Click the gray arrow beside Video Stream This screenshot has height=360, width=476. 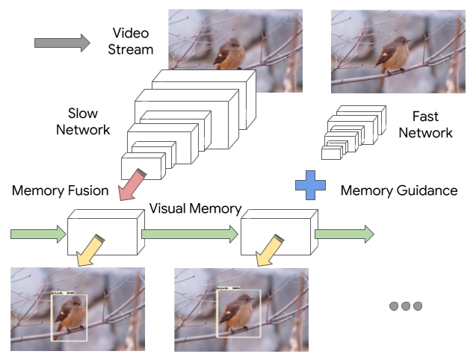click(62, 43)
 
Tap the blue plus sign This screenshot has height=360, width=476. click(310, 185)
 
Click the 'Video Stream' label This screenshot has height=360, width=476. click(132, 41)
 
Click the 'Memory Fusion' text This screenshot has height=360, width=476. click(59, 190)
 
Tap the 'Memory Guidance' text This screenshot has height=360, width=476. click(398, 190)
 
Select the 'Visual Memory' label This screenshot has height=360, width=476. click(195, 208)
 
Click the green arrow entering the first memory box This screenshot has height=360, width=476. click(38, 235)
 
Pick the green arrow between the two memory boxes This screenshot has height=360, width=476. click(191, 235)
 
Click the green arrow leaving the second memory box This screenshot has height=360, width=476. click(344, 235)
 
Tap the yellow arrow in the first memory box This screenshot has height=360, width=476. click(90, 249)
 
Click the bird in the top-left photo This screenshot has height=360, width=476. click(229, 55)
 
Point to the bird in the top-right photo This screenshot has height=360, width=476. click(389, 57)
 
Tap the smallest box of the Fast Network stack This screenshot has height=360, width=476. click(331, 152)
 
